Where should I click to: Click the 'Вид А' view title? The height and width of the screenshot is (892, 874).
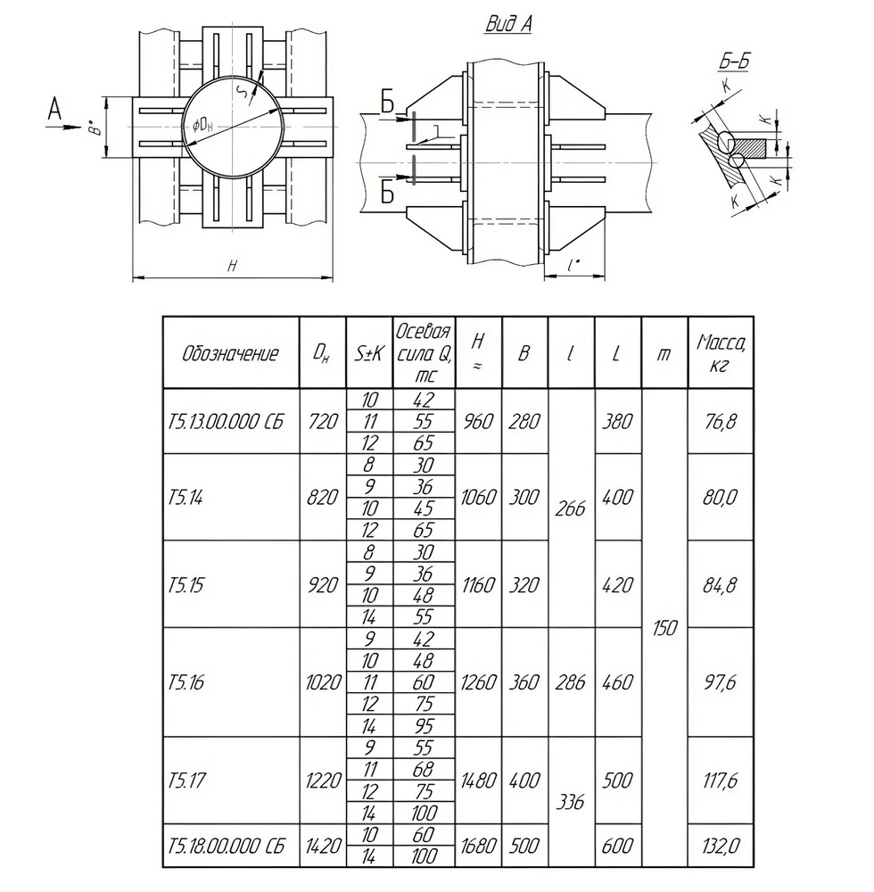click(x=508, y=25)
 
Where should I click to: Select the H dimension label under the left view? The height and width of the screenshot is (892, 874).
click(x=233, y=266)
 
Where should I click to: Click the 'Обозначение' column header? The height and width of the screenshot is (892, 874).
click(x=230, y=353)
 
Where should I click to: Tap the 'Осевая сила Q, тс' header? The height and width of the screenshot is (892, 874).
click(x=424, y=353)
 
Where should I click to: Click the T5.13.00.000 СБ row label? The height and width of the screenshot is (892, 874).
click(x=224, y=422)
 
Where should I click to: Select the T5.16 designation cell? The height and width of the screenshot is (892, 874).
click(x=186, y=682)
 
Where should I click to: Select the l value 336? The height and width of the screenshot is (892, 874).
click(x=571, y=802)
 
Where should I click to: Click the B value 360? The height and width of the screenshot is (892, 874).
click(x=524, y=682)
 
